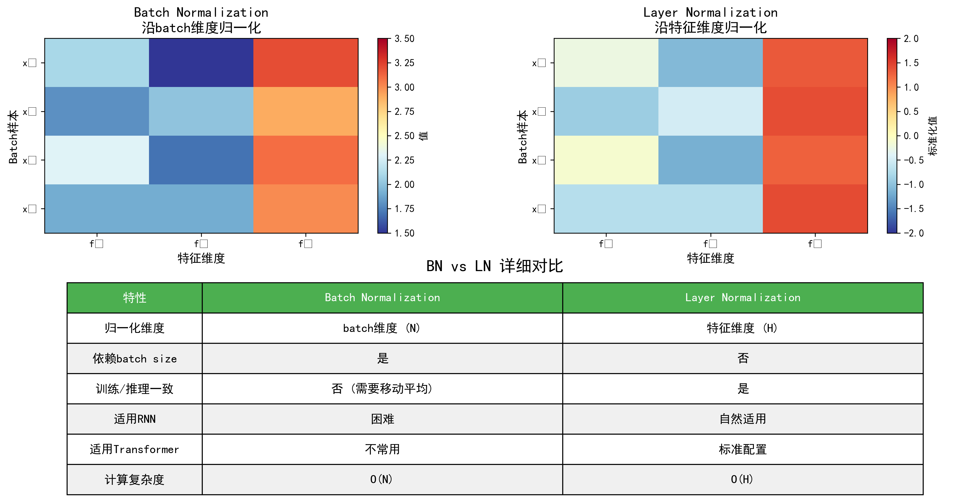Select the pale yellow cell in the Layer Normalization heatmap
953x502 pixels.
coord(606,160)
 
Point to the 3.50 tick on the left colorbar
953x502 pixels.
coord(404,39)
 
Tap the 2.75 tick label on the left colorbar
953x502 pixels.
coord(404,111)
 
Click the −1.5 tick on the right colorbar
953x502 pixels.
coord(914,209)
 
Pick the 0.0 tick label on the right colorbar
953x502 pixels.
coord(911,136)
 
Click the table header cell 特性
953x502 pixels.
coord(135,298)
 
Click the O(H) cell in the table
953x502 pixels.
coord(742,479)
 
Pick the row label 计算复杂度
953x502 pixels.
coord(135,479)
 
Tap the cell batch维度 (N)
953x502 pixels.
coord(382,328)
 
